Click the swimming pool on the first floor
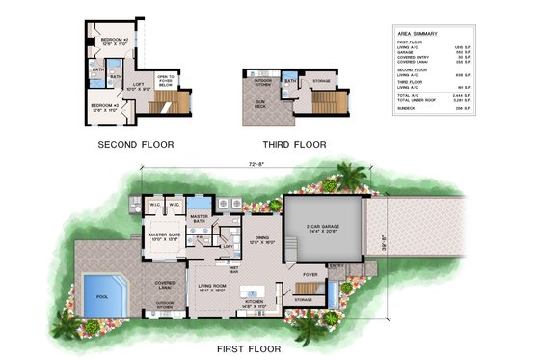[x=104, y=292]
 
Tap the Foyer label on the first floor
[x=310, y=274]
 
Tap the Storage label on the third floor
[x=321, y=81]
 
